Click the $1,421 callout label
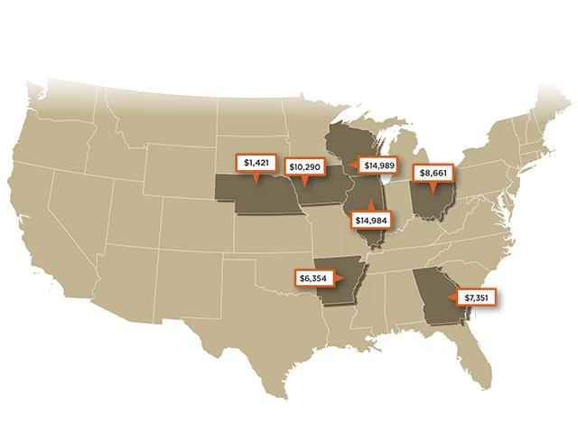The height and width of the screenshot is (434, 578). pos(257,163)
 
